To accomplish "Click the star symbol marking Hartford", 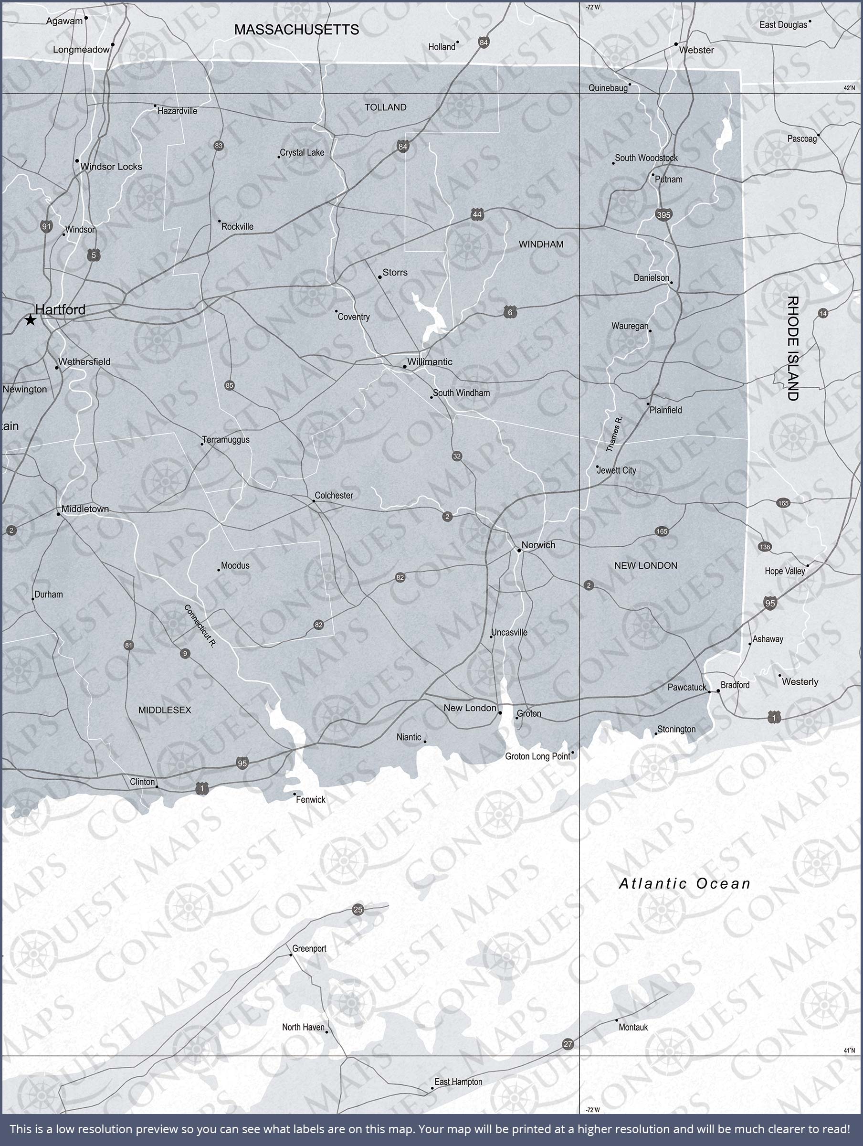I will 31,320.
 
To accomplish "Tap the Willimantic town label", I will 430,361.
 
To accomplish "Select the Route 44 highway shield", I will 477,214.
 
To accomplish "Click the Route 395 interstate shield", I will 663,214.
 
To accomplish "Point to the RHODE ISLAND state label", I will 792,348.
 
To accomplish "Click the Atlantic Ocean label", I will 685,883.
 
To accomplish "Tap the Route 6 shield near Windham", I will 510,312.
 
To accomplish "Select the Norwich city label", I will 538,544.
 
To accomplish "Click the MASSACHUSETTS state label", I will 296,30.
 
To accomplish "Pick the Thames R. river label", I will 614,434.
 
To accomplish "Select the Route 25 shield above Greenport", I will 358,910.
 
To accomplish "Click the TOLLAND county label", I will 385,107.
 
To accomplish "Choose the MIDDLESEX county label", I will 165,710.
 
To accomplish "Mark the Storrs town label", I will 395,273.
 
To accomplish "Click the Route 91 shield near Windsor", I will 47,226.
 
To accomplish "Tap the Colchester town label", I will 334,495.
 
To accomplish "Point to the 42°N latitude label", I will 849,88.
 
